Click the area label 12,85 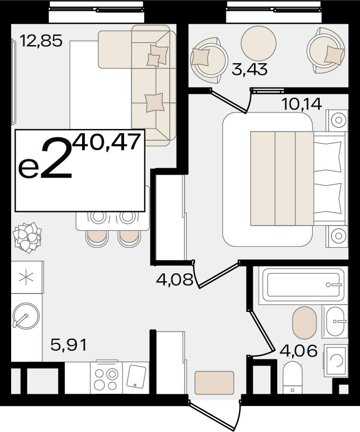[41, 41]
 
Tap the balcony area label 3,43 [250, 69]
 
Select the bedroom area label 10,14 [302, 104]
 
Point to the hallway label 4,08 [174, 280]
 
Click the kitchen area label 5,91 [69, 344]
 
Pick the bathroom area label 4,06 [298, 351]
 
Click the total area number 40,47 [107, 142]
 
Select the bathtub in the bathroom [303, 285]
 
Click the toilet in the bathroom [293, 378]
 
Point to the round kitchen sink [26, 316]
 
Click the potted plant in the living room [27, 237]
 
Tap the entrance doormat [214, 383]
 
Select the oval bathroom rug [304, 323]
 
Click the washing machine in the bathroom [336, 360]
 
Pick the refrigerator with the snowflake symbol [27, 277]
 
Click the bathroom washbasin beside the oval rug [335, 321]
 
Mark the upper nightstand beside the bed [337, 120]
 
